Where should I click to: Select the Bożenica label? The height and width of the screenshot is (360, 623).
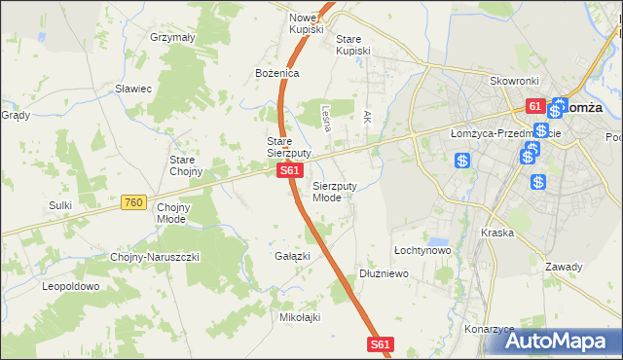276,73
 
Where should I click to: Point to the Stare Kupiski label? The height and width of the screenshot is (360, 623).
353,45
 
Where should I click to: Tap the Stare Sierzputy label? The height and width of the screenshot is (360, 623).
288,147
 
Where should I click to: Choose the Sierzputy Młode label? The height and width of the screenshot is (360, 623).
341,191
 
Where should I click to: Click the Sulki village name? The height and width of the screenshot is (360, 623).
60,205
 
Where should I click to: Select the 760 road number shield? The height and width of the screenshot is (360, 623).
134,202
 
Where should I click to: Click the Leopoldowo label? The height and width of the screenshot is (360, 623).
71,286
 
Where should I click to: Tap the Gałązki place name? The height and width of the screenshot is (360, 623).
292,256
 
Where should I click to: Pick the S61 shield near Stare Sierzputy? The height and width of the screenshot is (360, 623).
288,170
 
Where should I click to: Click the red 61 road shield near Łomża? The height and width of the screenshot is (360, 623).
534,105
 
